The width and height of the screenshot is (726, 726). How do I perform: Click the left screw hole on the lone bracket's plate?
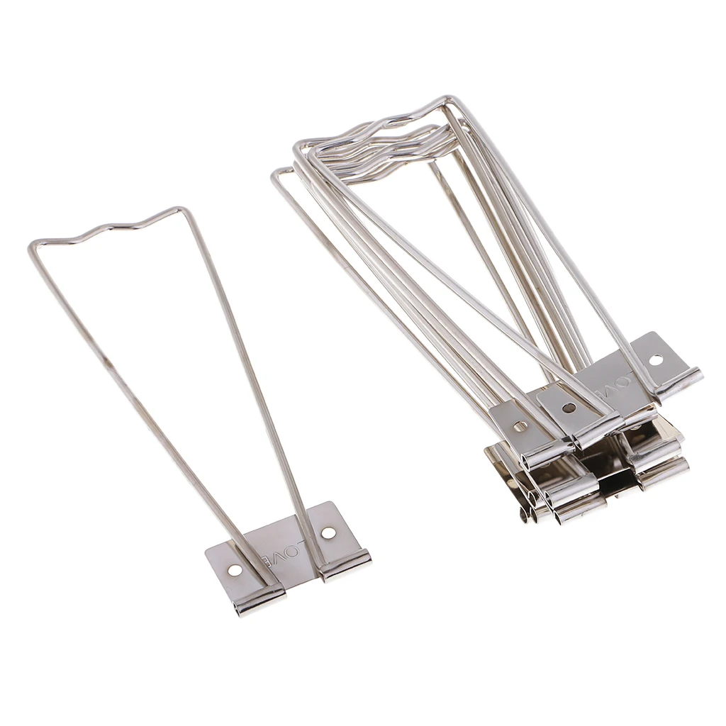point(235,570)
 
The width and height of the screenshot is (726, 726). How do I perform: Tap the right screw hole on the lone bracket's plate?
point(328,532)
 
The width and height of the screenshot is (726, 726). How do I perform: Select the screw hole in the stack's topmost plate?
point(656,359)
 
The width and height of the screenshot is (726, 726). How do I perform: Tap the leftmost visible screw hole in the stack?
point(520,426)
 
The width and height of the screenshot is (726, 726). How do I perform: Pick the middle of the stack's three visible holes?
point(569,408)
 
